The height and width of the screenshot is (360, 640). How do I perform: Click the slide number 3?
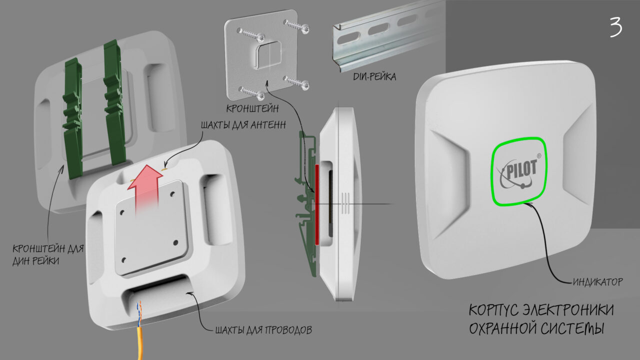click(615, 27)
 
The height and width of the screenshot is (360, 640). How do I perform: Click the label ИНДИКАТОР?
click(597, 282)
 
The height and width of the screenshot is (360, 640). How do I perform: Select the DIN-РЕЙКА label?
click(374, 76)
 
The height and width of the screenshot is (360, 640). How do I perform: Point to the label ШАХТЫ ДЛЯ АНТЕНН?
click(243, 125)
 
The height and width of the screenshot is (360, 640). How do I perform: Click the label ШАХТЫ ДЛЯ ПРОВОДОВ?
click(263, 330)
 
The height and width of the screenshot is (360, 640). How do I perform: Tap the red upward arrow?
click(145, 188)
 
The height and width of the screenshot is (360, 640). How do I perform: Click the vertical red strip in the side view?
click(317, 204)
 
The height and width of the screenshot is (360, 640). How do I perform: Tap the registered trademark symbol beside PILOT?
click(539, 156)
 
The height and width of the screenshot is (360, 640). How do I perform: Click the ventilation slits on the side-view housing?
click(345, 203)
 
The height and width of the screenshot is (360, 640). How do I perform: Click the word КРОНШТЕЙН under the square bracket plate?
click(252, 108)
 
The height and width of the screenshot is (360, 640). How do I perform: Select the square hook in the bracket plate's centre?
click(267, 54)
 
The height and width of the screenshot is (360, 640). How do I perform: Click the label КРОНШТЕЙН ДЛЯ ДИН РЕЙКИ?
click(48, 254)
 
